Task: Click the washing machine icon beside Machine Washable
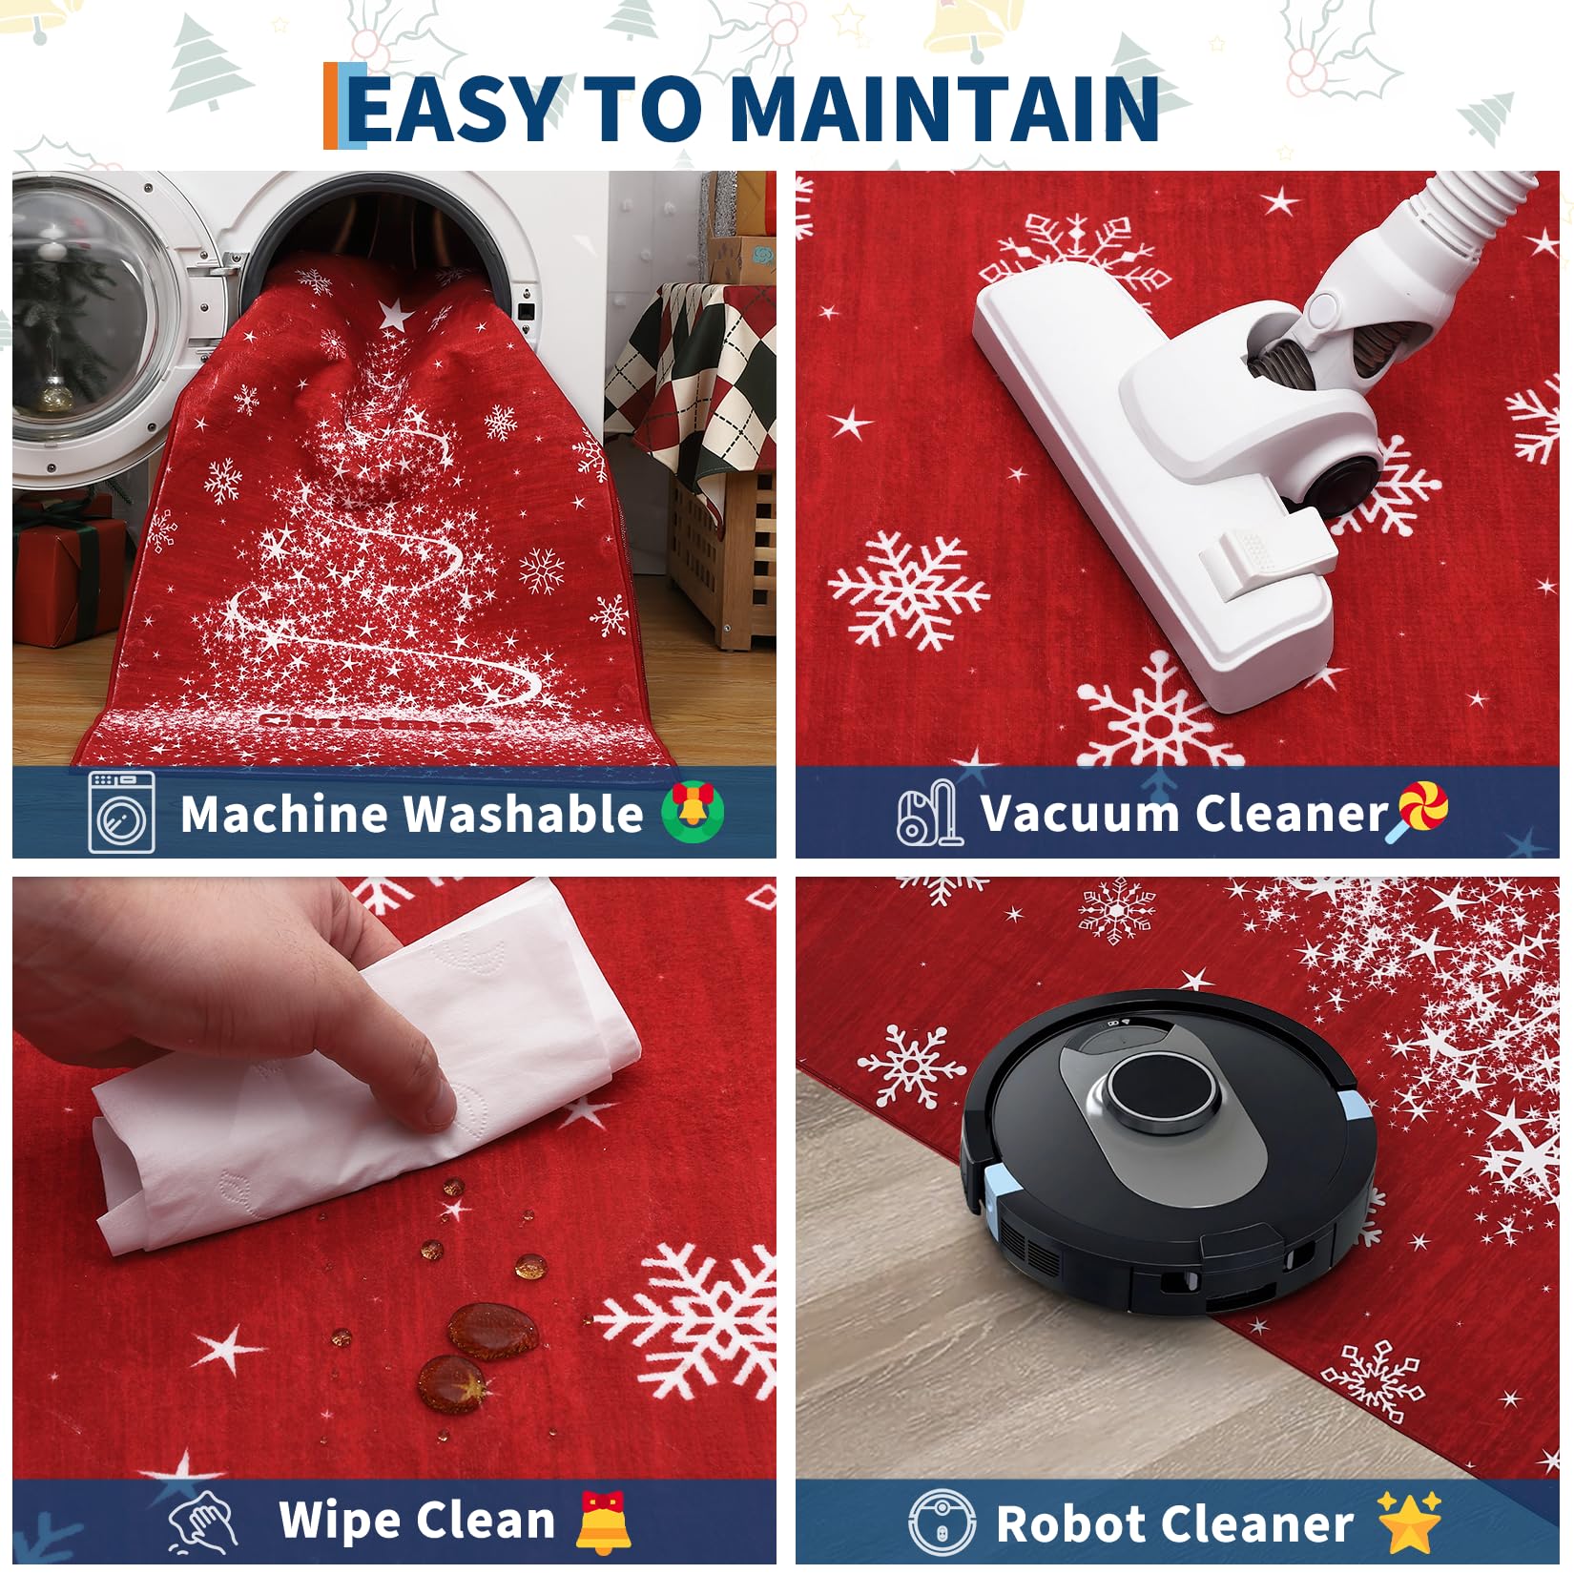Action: click(x=121, y=812)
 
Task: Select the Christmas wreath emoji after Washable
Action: click(x=694, y=811)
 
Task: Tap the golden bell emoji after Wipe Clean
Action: click(x=603, y=1521)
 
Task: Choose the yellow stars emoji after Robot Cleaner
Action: click(x=1410, y=1521)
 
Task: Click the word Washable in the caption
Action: click(x=522, y=814)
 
